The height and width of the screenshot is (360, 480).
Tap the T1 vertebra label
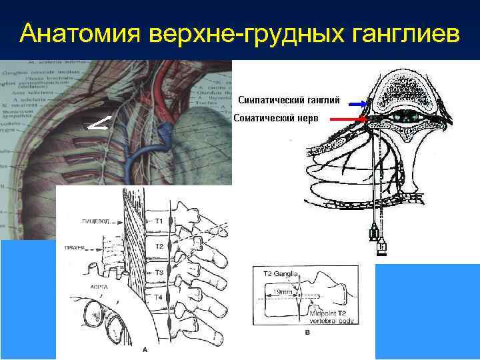tap(159, 220)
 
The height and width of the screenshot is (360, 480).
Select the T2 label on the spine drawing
tap(159, 247)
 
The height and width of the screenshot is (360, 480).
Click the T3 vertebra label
tap(159, 272)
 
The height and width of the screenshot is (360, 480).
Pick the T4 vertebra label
tap(159, 297)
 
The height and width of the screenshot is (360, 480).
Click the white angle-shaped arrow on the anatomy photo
tap(97, 123)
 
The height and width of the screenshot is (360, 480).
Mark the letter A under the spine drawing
tap(145, 349)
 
